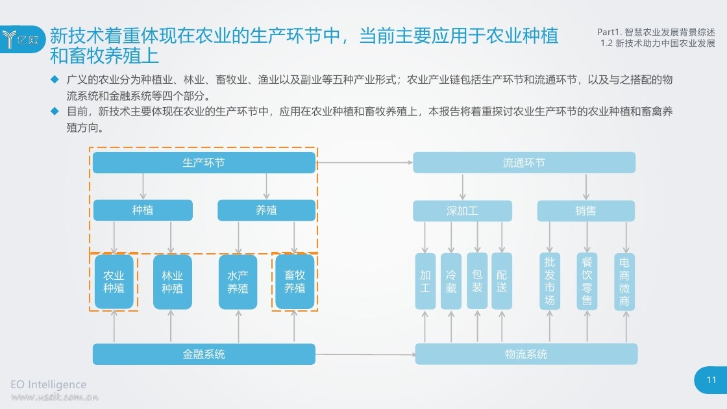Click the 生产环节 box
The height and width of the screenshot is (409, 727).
tap(204, 163)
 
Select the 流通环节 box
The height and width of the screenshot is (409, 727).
tap(524, 163)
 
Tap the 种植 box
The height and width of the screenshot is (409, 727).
tap(143, 210)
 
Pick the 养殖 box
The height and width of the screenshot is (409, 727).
tap(267, 210)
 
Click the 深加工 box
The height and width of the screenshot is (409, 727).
tap(462, 211)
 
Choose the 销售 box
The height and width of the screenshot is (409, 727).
tap(586, 211)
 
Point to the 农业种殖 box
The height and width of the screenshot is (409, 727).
tap(114, 282)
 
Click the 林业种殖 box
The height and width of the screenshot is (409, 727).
tap(173, 282)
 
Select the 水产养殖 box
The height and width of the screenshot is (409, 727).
tap(238, 282)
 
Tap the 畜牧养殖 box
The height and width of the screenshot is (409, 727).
tap(295, 282)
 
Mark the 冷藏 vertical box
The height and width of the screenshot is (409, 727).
tap(451, 282)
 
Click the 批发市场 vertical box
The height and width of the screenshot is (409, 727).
tap(550, 282)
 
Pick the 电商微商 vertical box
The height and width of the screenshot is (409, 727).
tap(624, 282)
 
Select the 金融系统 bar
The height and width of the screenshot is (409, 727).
tap(204, 354)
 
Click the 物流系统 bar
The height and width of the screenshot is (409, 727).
tap(526, 354)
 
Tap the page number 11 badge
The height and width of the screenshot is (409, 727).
tap(711, 380)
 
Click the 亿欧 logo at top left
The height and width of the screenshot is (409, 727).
tap(22, 40)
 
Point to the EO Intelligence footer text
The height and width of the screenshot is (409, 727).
tap(48, 384)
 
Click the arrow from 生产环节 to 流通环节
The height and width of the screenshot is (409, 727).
tap(364, 163)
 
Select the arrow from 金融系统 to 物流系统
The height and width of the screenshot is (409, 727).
tap(365, 354)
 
